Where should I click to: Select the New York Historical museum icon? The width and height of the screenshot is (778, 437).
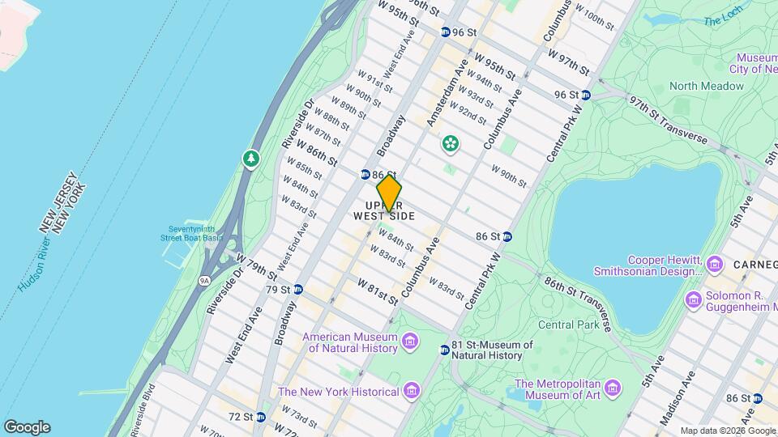[413, 392]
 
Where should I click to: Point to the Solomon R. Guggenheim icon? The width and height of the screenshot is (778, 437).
[694, 300]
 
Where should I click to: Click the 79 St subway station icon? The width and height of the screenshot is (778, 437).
[297, 290]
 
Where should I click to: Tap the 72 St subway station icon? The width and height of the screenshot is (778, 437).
[260, 418]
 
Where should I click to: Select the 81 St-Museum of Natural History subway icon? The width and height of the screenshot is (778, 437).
[444, 350]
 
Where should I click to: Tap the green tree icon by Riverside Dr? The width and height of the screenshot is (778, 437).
[251, 159]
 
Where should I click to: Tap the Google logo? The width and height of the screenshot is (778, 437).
[27, 427]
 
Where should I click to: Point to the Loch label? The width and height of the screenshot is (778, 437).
[722, 21]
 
